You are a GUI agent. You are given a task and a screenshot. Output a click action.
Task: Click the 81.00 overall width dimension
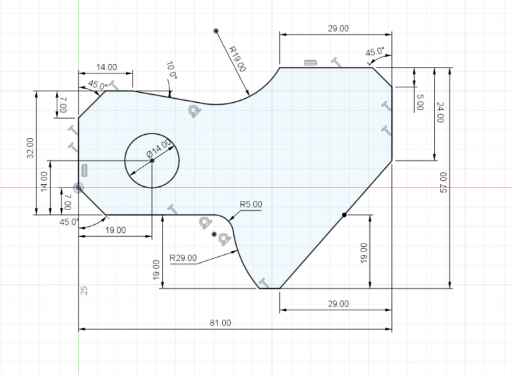[220, 323]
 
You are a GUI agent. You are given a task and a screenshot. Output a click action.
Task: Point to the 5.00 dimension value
[420, 102]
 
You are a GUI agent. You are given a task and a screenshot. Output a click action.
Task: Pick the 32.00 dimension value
[30, 147]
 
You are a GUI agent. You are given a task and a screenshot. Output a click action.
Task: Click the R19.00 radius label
[237, 59]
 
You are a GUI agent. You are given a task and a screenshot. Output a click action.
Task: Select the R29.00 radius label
[183, 257]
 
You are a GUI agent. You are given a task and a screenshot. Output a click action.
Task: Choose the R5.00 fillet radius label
[251, 204]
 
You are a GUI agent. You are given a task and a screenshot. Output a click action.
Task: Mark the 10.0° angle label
[171, 70]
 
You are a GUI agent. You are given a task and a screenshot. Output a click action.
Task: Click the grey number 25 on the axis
[85, 290]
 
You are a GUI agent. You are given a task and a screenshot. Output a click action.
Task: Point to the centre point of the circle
[152, 161]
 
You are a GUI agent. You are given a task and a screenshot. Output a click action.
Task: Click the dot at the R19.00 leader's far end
[217, 31]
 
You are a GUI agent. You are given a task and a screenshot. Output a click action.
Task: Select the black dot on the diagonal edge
[344, 214]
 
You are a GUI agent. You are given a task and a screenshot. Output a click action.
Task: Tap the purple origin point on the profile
[79, 187]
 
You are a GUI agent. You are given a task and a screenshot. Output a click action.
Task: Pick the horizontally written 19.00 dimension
[115, 230]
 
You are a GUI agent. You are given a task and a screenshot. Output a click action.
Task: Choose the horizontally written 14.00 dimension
[107, 67]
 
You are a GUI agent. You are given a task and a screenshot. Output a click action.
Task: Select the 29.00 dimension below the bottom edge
[338, 304]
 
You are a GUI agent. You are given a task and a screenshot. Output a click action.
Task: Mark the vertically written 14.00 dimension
[44, 181]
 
